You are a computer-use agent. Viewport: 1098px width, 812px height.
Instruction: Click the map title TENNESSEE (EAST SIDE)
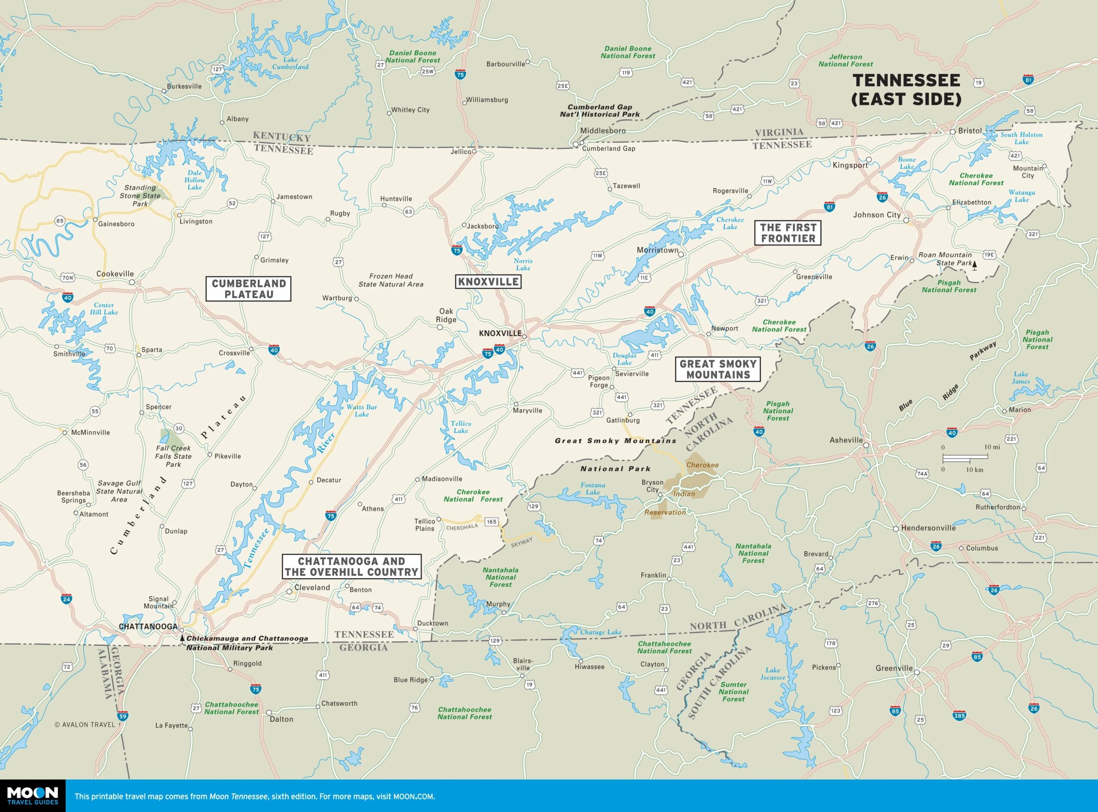906,90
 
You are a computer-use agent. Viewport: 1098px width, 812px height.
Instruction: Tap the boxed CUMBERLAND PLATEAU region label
248,289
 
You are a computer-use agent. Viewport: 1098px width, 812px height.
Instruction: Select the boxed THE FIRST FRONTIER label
788,233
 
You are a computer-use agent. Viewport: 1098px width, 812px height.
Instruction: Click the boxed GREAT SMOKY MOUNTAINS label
718,369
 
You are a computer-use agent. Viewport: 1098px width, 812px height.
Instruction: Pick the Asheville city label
846,440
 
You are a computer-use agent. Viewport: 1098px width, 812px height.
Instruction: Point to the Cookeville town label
115,274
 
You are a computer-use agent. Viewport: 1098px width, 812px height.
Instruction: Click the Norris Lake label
523,264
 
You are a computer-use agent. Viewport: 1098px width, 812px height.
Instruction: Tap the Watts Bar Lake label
361,411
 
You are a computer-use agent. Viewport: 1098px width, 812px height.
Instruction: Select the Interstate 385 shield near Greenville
959,715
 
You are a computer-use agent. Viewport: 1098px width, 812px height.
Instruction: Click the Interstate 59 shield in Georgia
122,716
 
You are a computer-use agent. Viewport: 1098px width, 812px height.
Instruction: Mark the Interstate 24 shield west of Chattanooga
66,599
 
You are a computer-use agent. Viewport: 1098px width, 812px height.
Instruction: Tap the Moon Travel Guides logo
33,795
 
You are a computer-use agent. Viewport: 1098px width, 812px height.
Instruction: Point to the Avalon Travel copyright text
84,724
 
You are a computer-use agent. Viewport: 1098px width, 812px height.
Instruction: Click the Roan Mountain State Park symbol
974,266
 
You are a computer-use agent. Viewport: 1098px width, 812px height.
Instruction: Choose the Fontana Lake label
593,489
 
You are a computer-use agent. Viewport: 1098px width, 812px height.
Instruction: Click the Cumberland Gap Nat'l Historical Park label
600,111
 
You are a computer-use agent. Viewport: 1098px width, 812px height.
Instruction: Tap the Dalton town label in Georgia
281,719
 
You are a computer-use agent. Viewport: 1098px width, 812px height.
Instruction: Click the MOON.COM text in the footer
413,796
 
